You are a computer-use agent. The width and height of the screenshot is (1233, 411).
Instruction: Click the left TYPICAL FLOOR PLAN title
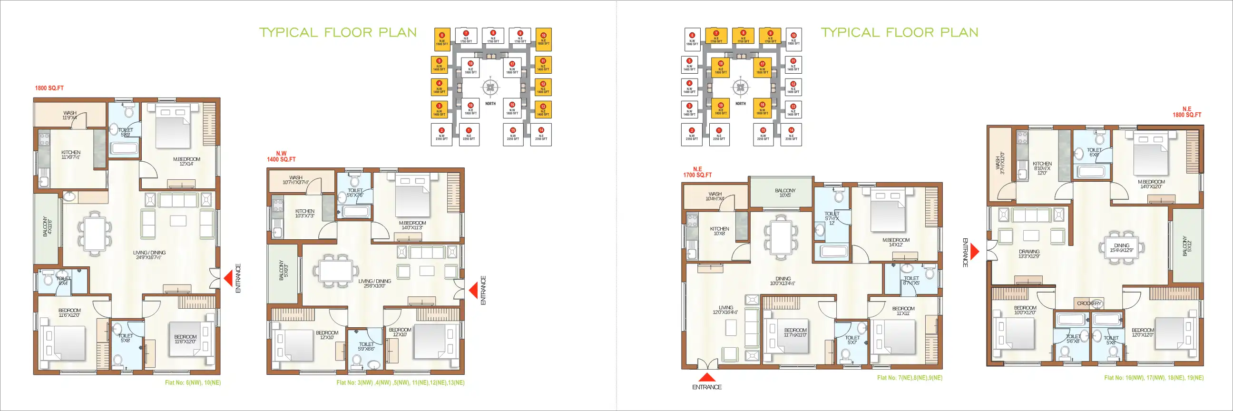point(338,32)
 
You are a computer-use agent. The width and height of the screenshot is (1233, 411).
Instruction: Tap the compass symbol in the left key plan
point(490,88)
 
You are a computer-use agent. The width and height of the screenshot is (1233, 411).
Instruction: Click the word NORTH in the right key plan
point(741,104)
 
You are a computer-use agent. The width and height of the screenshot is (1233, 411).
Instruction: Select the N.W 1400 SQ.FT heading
point(282,157)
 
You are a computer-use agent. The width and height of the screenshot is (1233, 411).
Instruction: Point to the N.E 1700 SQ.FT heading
point(697,172)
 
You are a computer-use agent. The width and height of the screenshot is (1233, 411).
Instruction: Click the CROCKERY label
point(1089,303)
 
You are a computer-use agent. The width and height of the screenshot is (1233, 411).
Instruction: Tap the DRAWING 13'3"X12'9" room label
point(1029,254)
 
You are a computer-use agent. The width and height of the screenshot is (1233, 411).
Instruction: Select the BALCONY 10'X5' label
point(785,193)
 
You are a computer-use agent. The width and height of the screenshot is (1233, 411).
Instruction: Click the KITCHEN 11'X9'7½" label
point(71,155)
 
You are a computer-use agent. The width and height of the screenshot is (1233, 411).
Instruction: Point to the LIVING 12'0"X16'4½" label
point(725,310)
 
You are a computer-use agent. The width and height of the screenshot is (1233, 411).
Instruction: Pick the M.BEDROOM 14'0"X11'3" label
point(412,225)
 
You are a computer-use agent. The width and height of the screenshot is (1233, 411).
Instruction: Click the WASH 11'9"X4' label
point(70,115)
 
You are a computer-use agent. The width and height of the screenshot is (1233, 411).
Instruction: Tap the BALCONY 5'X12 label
point(1187,246)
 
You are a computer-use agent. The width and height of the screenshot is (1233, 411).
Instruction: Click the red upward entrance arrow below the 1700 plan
point(707,377)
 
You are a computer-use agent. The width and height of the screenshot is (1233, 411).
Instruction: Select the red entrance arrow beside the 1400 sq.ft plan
point(473,290)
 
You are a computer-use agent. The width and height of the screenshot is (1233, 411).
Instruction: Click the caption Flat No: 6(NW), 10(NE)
point(193,383)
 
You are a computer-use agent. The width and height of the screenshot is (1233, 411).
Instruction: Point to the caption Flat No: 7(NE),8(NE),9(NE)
point(910,378)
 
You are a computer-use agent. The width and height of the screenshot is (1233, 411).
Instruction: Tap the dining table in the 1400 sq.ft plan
point(336,271)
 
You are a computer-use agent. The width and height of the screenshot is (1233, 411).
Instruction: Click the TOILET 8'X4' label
point(63,281)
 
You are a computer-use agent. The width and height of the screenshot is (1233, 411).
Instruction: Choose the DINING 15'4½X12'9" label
point(1122,248)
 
